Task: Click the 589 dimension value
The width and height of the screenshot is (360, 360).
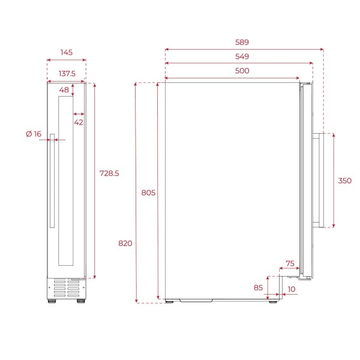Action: pyautogui.click(x=242, y=42)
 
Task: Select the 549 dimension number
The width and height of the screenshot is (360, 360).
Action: pyautogui.click(x=242, y=56)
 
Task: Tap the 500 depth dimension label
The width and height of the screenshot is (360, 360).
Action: pyautogui.click(x=242, y=71)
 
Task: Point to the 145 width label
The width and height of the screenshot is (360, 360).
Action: pyautogui.click(x=67, y=52)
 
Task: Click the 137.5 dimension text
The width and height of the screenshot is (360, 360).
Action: pyautogui.click(x=67, y=74)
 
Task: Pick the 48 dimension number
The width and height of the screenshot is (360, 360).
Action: pyautogui.click(x=64, y=90)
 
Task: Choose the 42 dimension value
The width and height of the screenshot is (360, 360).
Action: pyautogui.click(x=79, y=122)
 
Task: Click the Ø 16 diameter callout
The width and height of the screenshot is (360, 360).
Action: pyautogui.click(x=34, y=134)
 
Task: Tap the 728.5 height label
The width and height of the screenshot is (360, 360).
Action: pyautogui.click(x=109, y=173)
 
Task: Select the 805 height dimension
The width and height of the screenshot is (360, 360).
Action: pyautogui.click(x=148, y=193)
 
